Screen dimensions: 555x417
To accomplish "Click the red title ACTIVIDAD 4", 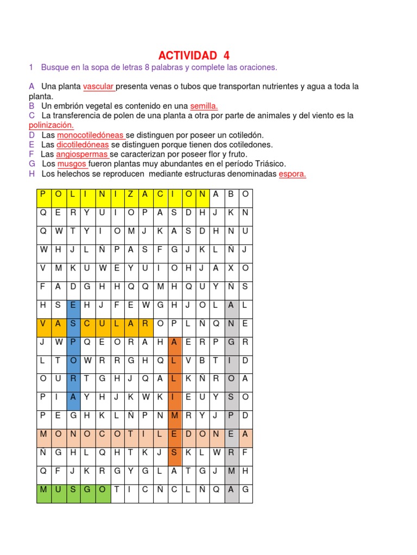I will click(x=194, y=55).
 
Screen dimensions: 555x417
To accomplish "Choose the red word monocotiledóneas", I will click(x=90, y=135).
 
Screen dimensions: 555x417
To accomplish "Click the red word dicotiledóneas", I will click(x=83, y=145).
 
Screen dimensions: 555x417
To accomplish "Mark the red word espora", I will click(x=292, y=174).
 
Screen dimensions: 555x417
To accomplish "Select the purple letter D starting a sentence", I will click(x=31, y=135).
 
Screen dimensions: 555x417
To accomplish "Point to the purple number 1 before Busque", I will click(x=31, y=67).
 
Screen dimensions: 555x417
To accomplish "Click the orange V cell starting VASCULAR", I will click(x=43, y=324).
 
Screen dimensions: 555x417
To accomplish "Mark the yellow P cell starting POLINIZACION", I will click(x=43, y=195).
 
